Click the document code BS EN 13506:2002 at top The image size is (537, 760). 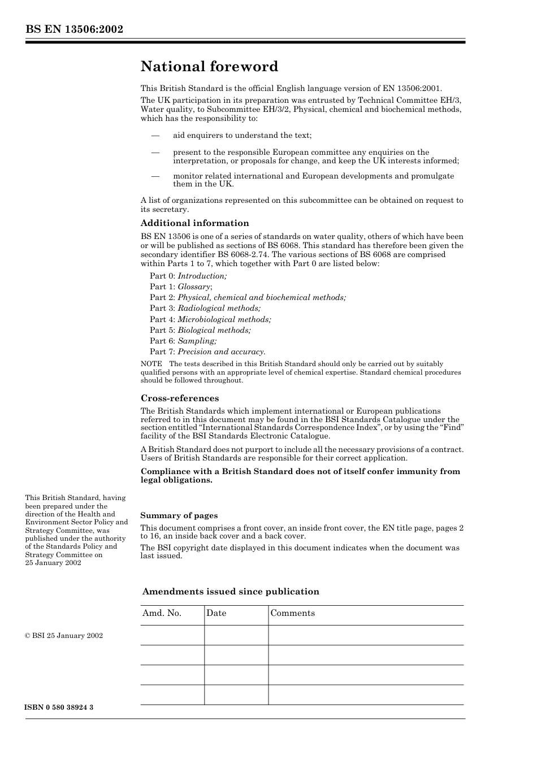(x=74, y=29)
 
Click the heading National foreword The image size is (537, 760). (x=209, y=67)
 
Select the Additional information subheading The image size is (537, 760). (x=194, y=223)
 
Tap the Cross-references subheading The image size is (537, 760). (x=179, y=398)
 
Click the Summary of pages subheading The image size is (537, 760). (x=179, y=515)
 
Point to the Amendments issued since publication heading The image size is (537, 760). (x=230, y=592)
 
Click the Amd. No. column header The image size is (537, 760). (x=162, y=614)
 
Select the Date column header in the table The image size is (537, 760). (x=216, y=614)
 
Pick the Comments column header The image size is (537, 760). (x=292, y=614)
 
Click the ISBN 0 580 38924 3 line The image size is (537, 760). (x=59, y=707)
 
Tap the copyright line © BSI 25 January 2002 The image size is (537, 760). (x=64, y=636)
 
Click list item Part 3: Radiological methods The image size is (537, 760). (x=205, y=309)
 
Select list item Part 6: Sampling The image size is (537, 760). (x=183, y=341)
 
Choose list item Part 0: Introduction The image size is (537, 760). (x=188, y=276)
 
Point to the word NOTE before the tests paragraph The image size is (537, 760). (x=151, y=364)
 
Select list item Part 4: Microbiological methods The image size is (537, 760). (x=210, y=319)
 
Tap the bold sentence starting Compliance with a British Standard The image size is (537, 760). (x=300, y=476)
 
